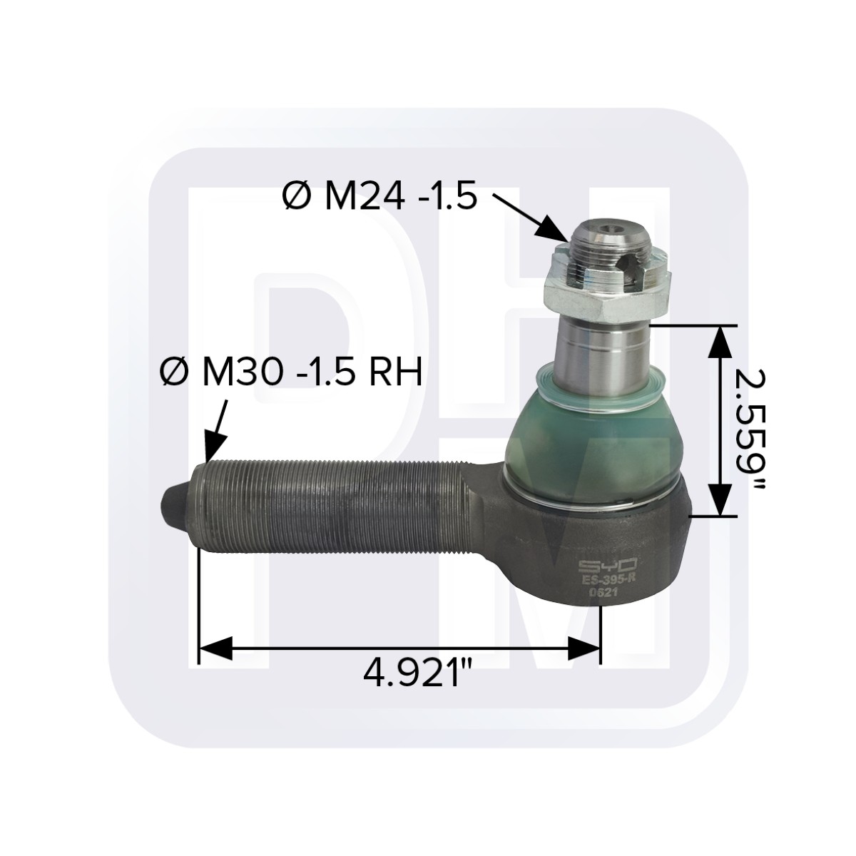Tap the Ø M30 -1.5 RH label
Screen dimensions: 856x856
coord(292,372)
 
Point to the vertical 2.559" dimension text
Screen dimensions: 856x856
coord(749,428)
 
